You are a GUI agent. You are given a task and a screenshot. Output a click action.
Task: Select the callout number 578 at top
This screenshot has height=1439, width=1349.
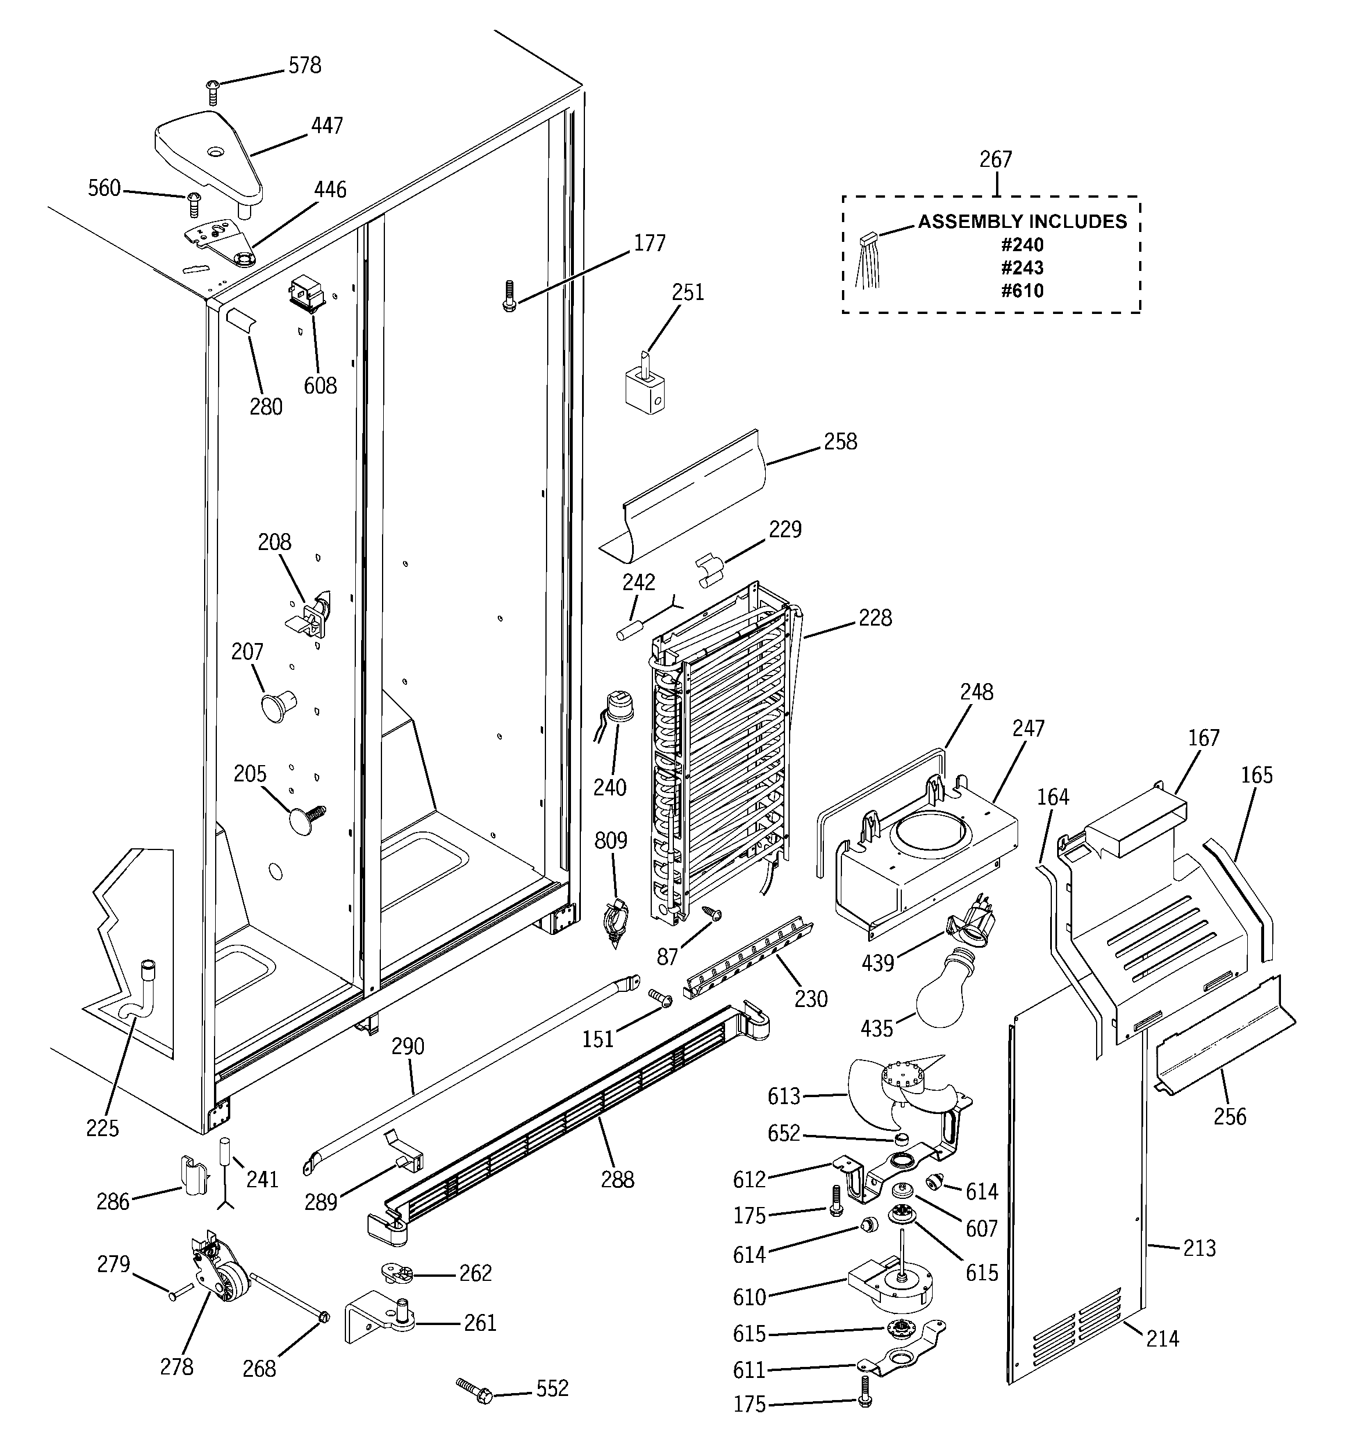(x=304, y=65)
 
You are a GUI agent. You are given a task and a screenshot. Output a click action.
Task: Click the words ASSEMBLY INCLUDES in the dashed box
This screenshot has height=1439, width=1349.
(x=1022, y=222)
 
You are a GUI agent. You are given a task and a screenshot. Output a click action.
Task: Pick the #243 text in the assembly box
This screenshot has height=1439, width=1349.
(x=1022, y=268)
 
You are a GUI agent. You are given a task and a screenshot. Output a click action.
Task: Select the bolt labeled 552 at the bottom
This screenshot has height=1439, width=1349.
(x=475, y=1392)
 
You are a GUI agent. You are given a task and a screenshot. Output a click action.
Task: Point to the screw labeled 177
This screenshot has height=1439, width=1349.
(x=509, y=296)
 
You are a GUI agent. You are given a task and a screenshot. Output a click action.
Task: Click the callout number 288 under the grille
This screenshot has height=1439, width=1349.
(x=617, y=1180)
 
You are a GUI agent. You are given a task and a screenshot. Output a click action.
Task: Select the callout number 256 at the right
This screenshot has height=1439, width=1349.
(x=1230, y=1116)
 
